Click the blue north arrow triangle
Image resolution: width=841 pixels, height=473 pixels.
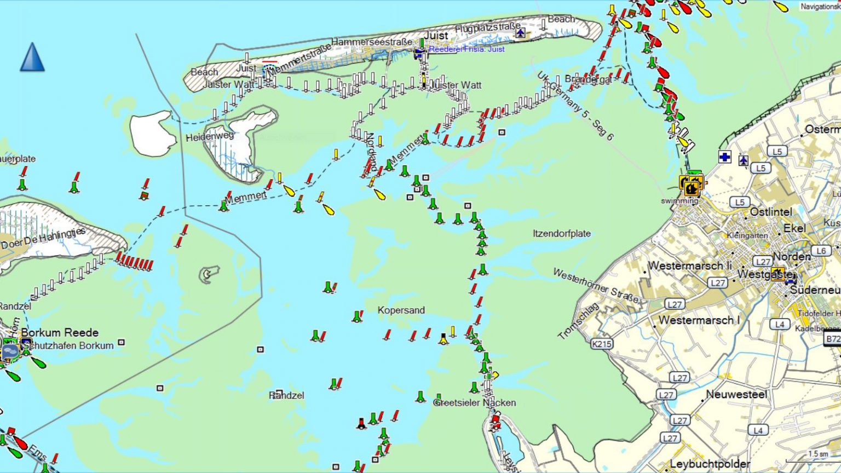click(32, 57)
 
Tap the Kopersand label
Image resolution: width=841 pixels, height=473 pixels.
click(401, 310)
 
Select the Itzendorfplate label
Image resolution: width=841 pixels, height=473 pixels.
click(562, 234)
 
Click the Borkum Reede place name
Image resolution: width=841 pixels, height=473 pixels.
click(60, 332)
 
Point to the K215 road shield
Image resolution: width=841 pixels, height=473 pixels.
click(601, 344)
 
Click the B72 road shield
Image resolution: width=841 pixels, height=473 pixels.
click(832, 339)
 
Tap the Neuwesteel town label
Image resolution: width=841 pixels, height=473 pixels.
click(736, 394)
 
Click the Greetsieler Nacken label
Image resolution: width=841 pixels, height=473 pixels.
click(475, 403)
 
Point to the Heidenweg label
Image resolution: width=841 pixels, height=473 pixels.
click(210, 136)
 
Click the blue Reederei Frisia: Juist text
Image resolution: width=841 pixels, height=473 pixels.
click(466, 49)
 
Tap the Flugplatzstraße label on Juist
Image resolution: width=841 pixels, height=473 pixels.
click(487, 27)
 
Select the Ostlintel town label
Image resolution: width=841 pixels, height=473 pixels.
click(771, 212)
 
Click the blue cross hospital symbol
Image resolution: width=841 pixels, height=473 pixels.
click(724, 158)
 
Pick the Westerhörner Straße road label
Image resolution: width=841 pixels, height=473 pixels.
click(596, 285)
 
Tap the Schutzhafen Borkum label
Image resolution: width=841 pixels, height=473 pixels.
click(68, 345)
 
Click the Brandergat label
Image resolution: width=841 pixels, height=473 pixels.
click(588, 79)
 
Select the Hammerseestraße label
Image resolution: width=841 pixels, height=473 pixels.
click(372, 42)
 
